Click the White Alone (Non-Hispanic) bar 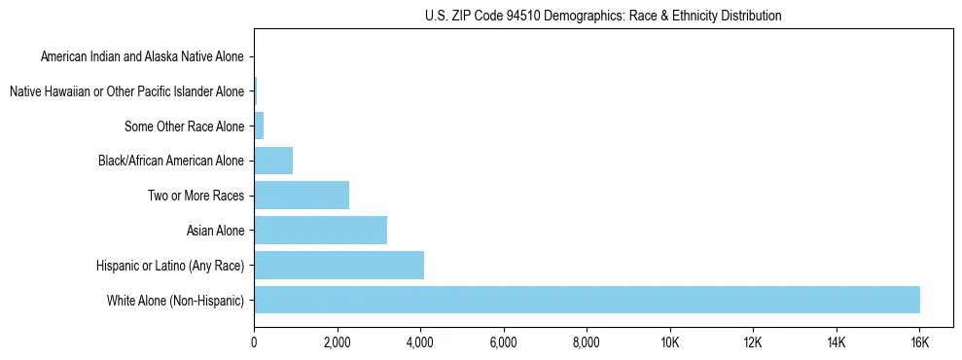click(587, 300)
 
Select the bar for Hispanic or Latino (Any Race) click(338, 265)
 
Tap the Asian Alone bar click(320, 231)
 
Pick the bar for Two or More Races click(302, 196)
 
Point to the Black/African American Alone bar click(273, 161)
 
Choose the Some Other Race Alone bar click(259, 126)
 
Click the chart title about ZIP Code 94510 click(603, 16)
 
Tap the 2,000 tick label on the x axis click(337, 343)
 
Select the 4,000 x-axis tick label click(420, 343)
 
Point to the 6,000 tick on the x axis click(503, 343)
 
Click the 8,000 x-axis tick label click(587, 343)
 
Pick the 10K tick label click(670, 343)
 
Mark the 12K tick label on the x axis click(753, 343)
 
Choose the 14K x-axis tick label click(837, 343)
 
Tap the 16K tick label click(919, 343)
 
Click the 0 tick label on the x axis click(254, 343)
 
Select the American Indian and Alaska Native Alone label click(142, 57)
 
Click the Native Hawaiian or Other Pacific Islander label click(126, 92)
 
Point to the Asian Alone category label click(215, 231)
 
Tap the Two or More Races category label click(196, 196)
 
